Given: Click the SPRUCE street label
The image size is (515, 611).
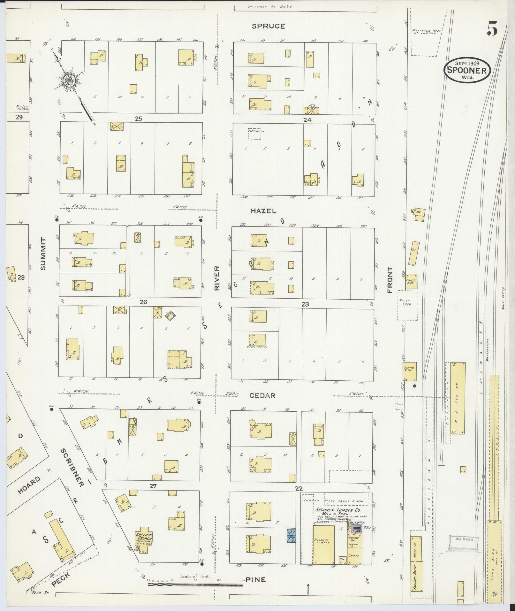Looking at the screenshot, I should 268,26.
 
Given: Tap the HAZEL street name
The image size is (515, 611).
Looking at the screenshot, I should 263,211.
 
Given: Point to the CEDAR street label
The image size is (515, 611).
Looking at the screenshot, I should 262,395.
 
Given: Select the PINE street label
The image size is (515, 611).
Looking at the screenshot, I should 256,579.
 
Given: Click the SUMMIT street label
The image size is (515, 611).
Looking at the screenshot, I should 43,254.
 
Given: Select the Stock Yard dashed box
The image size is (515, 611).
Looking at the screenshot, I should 407,305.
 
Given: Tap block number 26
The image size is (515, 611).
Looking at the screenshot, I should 143,302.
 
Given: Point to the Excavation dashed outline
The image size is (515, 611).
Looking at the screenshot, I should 254,134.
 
